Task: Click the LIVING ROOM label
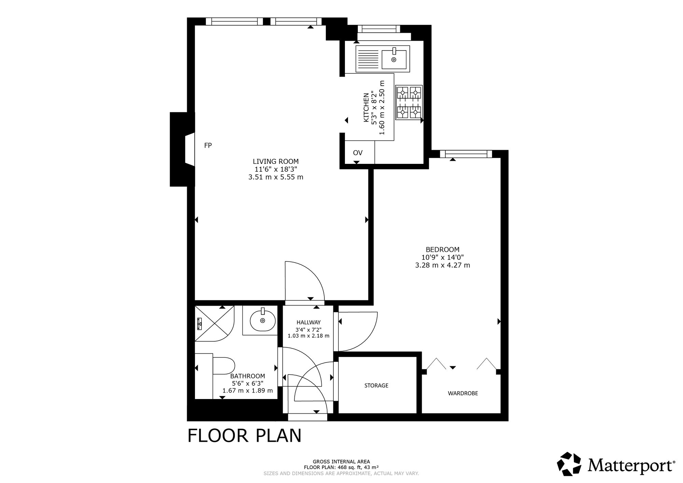[276, 161]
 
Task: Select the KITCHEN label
[366, 107]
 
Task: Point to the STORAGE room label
[376, 386]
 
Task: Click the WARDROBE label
[463, 394]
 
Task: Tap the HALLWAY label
[308, 322]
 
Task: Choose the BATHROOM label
[248, 376]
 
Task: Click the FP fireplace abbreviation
[208, 145]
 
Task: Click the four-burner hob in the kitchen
[409, 102]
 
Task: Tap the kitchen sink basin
[394, 59]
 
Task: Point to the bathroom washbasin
[263, 320]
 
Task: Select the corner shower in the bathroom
[214, 324]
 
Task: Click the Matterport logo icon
[569, 464]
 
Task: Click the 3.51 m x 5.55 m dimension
[276, 177]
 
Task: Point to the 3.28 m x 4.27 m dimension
[442, 265]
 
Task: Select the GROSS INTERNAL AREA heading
[341, 462]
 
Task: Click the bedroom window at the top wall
[466, 154]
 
